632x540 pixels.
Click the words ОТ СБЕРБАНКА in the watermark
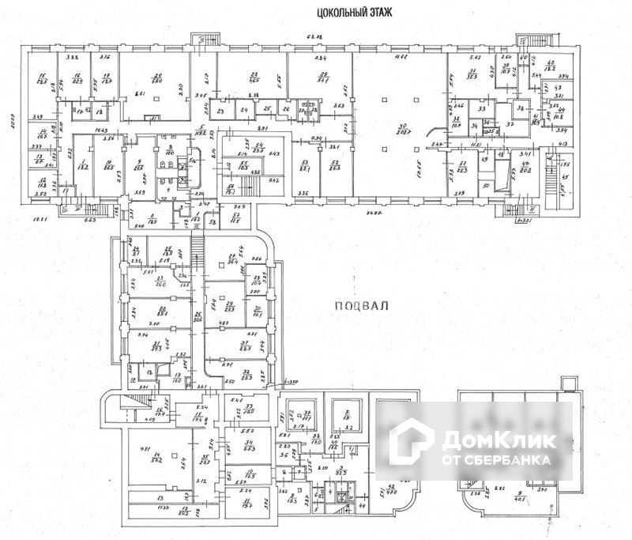click(496, 459)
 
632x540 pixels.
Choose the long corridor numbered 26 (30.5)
click(197, 316)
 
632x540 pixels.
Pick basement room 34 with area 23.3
click(248, 447)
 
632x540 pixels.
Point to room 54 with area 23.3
click(337, 168)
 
